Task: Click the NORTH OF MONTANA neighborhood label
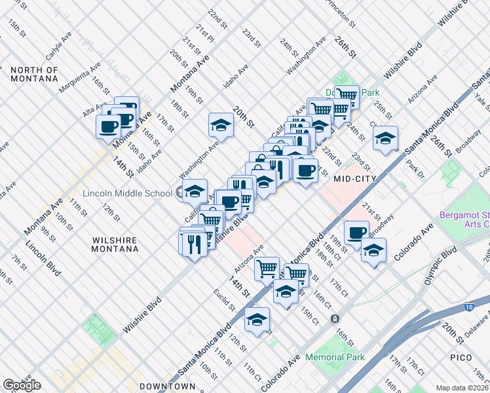34,74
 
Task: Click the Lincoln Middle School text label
127,193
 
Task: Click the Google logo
22,385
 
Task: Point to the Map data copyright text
462,388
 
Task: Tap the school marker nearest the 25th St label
386,138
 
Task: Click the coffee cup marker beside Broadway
357,233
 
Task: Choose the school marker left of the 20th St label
221,124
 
